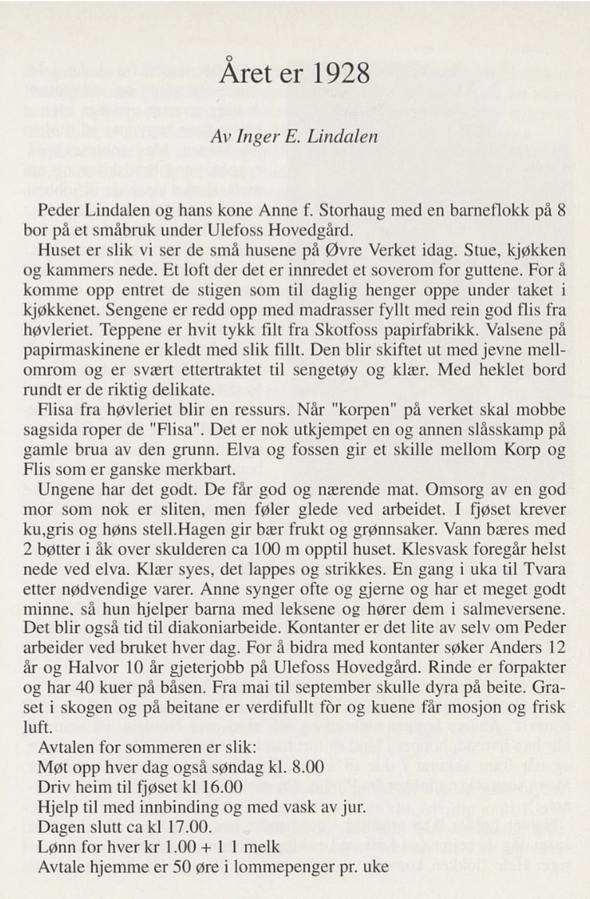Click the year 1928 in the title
point(340,73)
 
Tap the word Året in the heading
point(243,73)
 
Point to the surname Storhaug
point(351,211)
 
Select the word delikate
point(175,390)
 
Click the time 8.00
point(307,767)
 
